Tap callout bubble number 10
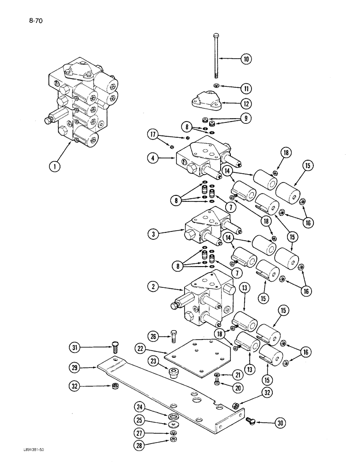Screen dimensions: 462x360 (x=246, y=59)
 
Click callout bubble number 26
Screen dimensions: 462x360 (x=154, y=335)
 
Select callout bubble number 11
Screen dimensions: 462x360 (x=246, y=86)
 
